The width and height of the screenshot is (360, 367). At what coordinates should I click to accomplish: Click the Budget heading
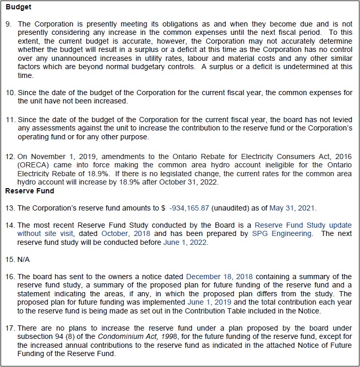[18, 7]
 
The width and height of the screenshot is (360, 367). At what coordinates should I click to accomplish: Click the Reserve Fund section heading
[29, 191]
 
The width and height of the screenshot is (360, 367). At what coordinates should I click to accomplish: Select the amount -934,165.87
[189, 208]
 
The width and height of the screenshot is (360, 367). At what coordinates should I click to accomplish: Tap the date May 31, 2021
[292, 208]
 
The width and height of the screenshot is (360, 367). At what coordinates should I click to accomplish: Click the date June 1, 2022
[186, 242]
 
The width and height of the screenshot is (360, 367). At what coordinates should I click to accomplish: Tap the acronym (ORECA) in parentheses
[33, 165]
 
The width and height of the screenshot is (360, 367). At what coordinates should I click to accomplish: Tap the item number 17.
[10, 327]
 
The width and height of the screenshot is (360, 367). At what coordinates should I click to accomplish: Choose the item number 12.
[10, 156]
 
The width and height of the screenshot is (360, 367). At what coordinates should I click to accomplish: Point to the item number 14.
[10, 225]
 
